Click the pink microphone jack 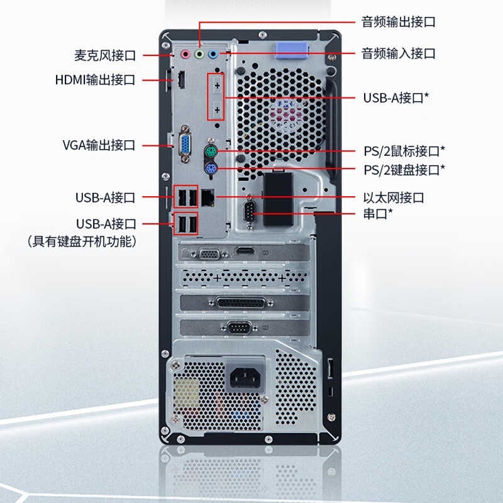(185, 54)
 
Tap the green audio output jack (199, 54)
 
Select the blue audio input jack (213, 54)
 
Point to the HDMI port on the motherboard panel (181, 80)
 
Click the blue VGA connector (185, 144)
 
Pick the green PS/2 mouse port (211, 152)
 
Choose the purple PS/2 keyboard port (211, 169)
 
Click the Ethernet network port (208, 197)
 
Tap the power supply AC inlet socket (245, 377)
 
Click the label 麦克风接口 (105, 55)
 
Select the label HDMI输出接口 (95, 80)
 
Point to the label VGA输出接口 (99, 145)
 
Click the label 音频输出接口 (399, 22)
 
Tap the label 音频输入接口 (399, 53)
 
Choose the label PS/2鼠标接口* (404, 151)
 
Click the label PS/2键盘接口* (404, 170)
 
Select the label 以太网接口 (394, 198)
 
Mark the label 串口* (378, 213)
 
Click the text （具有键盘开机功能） (82, 241)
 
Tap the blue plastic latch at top (291, 50)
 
